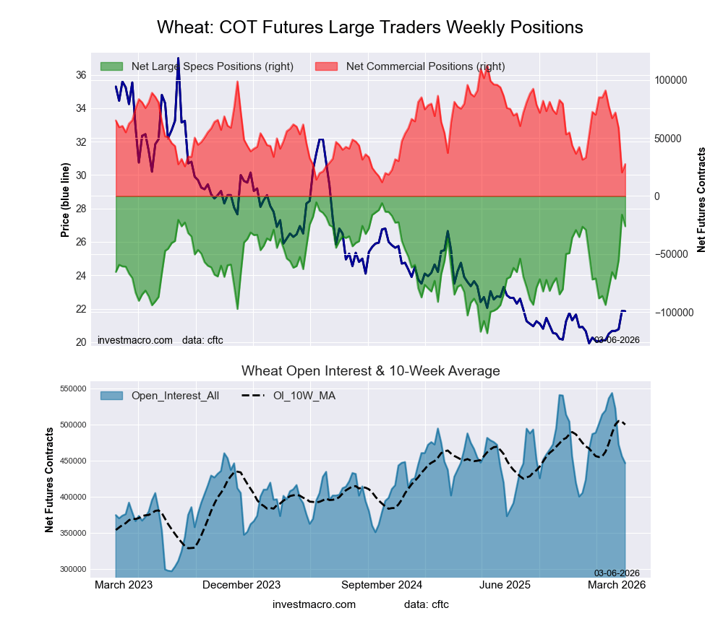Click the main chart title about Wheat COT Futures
(369, 27)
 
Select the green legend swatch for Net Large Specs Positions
(112, 66)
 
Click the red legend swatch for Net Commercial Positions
(328, 66)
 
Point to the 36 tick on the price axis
(81, 75)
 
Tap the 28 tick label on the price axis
(81, 209)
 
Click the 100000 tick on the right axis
(670, 80)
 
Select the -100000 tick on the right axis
(672, 313)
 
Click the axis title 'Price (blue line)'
(65, 201)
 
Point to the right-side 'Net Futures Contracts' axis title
(701, 200)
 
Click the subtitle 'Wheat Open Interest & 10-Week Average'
(370, 371)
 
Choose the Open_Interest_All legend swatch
(112, 396)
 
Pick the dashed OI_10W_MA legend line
(255, 396)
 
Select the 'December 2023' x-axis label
(241, 585)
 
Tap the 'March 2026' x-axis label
(617, 585)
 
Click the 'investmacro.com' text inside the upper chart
(135, 339)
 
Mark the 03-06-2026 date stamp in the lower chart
(617, 573)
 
